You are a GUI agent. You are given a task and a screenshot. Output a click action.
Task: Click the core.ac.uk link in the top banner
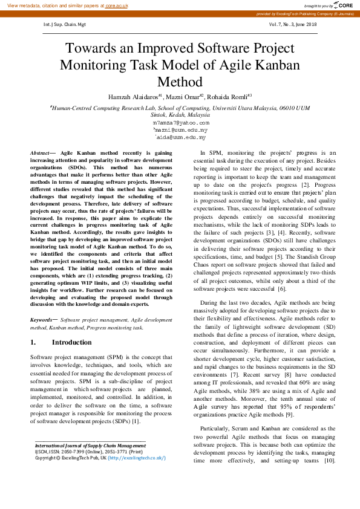117,5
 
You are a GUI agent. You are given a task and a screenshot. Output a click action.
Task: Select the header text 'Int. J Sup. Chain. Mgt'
65,25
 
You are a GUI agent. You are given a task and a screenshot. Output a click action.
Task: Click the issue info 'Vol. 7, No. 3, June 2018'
292,25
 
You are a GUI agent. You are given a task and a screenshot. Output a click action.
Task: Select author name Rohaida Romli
227,97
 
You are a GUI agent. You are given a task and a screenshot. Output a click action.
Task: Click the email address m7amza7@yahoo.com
182,122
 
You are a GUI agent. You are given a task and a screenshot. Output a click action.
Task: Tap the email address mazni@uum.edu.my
181,129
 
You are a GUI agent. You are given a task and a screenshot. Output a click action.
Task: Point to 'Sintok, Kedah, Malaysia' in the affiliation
180,114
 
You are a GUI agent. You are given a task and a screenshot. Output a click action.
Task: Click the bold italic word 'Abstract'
41,154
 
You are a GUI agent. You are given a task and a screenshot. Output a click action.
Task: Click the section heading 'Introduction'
72,343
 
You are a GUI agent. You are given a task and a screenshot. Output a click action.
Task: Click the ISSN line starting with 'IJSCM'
88,452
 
